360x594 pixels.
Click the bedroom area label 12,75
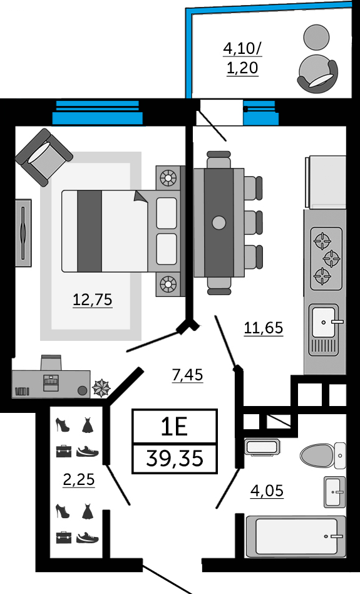pos(93,300)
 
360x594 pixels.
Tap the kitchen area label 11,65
pos(264,328)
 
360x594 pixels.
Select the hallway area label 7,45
pos(187,375)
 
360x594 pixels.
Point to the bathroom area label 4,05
pos(267,491)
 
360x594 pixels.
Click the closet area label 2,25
pos(79,479)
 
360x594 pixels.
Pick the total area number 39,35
pos(175,459)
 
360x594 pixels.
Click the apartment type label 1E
pos(174,427)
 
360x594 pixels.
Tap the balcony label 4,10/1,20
pos(243,58)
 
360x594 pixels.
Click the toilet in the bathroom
pos(322,455)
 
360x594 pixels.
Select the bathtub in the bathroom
pos(296,536)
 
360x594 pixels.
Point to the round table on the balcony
pos(316,37)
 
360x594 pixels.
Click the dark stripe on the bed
pos(90,231)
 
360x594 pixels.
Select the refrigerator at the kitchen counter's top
pos(326,182)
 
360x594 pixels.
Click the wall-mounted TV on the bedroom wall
pos(23,233)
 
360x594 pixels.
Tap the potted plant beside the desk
pos(101,388)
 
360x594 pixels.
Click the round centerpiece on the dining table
pos(219,223)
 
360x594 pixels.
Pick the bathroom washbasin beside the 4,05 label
pos(334,492)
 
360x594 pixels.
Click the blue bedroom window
pos(98,113)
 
